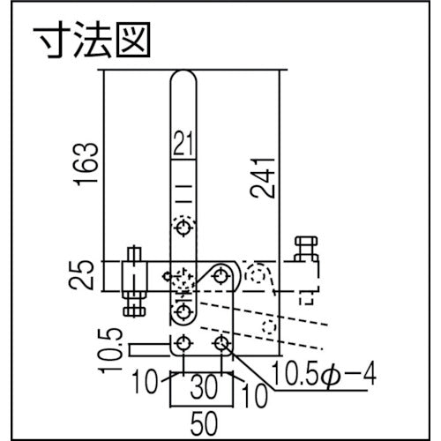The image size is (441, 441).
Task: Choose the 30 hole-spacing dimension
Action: point(205,385)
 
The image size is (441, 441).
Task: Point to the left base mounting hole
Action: point(183,342)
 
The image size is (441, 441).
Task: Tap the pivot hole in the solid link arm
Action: point(220,275)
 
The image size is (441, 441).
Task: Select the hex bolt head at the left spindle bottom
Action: point(132,308)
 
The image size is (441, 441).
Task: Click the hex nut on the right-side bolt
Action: point(306,243)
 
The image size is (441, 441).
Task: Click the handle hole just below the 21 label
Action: point(183,228)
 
